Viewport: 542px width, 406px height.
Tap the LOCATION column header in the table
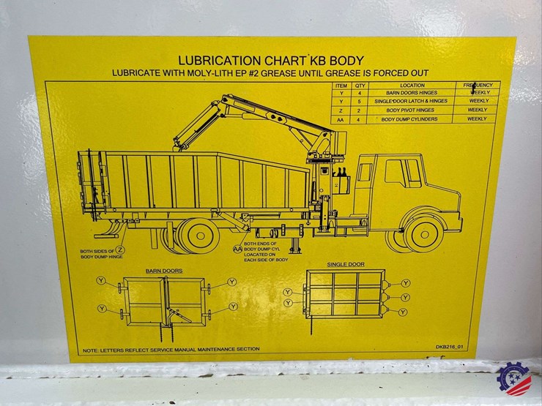[x=412, y=86]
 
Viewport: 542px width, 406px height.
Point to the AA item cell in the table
[x=340, y=119]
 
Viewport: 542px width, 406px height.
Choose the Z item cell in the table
[x=340, y=110]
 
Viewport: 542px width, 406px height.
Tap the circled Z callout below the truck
[x=121, y=250]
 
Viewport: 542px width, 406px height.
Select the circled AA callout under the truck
[x=237, y=249]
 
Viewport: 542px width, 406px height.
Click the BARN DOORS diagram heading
[x=163, y=271]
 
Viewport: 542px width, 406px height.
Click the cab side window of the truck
[x=398, y=173]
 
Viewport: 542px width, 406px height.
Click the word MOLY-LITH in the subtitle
[x=196, y=73]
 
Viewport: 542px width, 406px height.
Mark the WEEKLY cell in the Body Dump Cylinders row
[x=477, y=119]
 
